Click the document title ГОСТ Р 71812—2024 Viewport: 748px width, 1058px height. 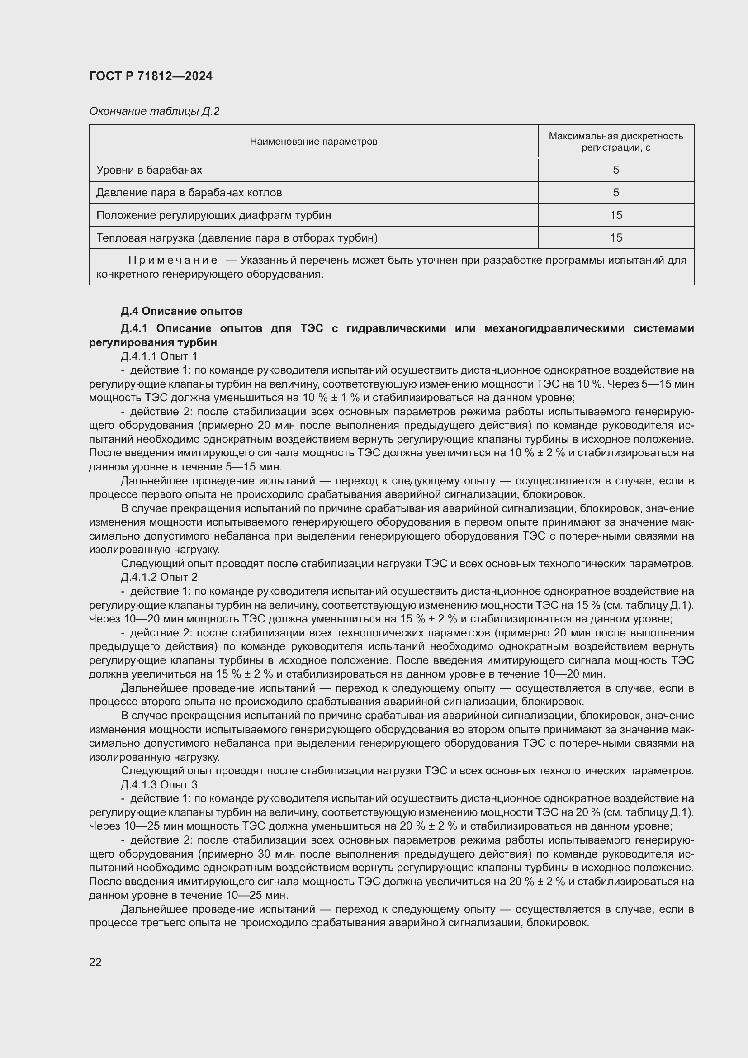pyautogui.click(x=151, y=76)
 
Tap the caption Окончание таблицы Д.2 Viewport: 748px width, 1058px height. pyautogui.click(x=154, y=111)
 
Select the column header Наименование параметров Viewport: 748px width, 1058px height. pyautogui.click(x=313, y=142)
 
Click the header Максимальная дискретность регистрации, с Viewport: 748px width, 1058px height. pyautogui.click(x=615, y=142)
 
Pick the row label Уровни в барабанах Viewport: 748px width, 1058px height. pyautogui.click(x=149, y=170)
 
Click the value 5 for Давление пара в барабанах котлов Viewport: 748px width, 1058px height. pyautogui.click(x=615, y=193)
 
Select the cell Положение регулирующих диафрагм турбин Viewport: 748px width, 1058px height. pyautogui.click(x=213, y=215)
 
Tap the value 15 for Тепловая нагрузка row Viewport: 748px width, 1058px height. pyautogui.click(x=615, y=238)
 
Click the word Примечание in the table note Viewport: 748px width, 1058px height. pyautogui.click(x=173, y=261)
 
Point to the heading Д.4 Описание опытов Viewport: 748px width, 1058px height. pyautogui.click(x=181, y=311)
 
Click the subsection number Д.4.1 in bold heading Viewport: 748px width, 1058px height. pyautogui.click(x=133, y=328)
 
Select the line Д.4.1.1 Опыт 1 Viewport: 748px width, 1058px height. pyautogui.click(x=159, y=356)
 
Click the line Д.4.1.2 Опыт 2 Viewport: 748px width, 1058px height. pyautogui.click(x=159, y=577)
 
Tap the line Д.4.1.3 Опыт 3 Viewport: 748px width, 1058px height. pyautogui.click(x=159, y=784)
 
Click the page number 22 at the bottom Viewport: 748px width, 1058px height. pyautogui.click(x=95, y=962)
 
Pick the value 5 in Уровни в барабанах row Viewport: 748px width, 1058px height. pyautogui.click(x=615, y=170)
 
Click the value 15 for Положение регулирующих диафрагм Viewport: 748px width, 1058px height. pyautogui.click(x=615, y=215)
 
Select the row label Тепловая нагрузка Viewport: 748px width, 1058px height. pyautogui.click(x=237, y=238)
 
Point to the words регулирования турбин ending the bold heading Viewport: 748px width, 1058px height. pyautogui.click(x=152, y=342)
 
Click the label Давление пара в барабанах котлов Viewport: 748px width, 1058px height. pyautogui.click(x=189, y=193)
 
